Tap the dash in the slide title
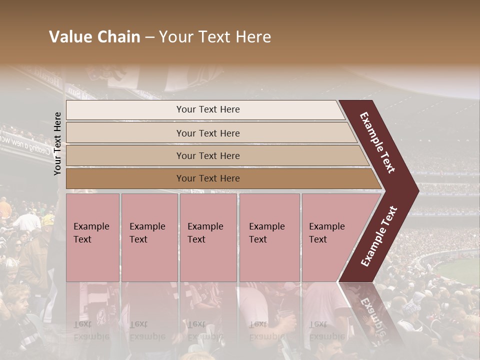point(149,37)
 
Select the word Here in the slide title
point(253,37)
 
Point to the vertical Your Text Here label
point(57,143)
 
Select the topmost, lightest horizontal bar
point(205,109)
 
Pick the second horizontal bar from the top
point(210,133)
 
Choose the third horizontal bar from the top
point(215,155)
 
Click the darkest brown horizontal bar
point(220,178)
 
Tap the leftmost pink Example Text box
point(92,237)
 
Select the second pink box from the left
point(149,237)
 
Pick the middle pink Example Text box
point(208,237)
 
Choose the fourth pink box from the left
point(269,237)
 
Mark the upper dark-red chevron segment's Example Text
point(377,142)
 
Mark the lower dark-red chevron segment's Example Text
point(379,236)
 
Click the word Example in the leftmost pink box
point(91,226)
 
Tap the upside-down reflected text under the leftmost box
point(90,330)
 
